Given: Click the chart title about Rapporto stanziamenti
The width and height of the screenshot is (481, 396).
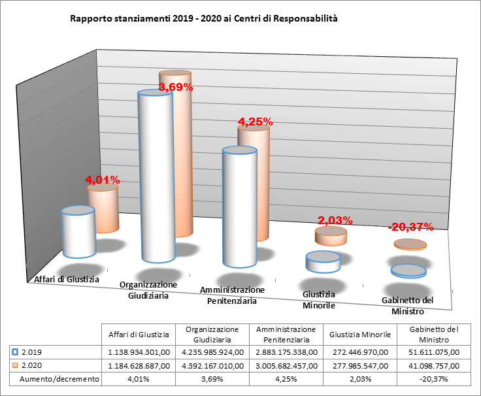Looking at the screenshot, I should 204,20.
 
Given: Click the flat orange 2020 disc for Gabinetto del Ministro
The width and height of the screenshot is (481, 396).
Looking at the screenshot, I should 410,245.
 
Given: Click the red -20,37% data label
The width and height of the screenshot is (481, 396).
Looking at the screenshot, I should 410,227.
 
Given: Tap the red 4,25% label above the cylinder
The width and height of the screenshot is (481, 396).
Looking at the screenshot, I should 254,122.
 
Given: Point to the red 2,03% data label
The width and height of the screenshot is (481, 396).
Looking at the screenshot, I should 335,220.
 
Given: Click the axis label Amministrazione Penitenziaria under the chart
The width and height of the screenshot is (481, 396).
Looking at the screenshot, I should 232,295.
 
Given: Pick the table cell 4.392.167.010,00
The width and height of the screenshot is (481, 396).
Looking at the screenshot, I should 213,365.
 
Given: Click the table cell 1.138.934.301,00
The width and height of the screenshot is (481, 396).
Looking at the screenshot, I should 139,352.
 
